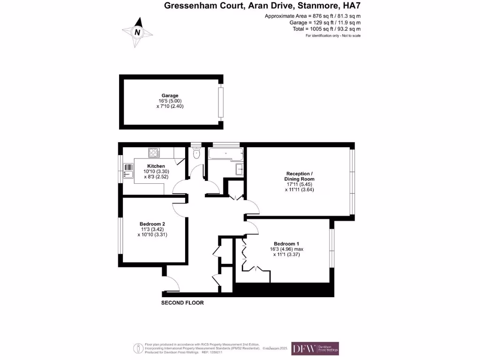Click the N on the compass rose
[137, 32]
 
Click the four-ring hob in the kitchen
[154, 152]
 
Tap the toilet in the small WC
[196, 153]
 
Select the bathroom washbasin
[239, 168]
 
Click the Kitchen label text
[156, 166]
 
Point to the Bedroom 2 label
[152, 224]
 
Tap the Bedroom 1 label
[286, 244]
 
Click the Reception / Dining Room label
[299, 176]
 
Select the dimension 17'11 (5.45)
[299, 184]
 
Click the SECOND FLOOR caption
[182, 303]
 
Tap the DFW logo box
[315, 348]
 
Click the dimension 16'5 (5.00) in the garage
[167, 101]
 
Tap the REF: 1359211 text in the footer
[212, 352]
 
